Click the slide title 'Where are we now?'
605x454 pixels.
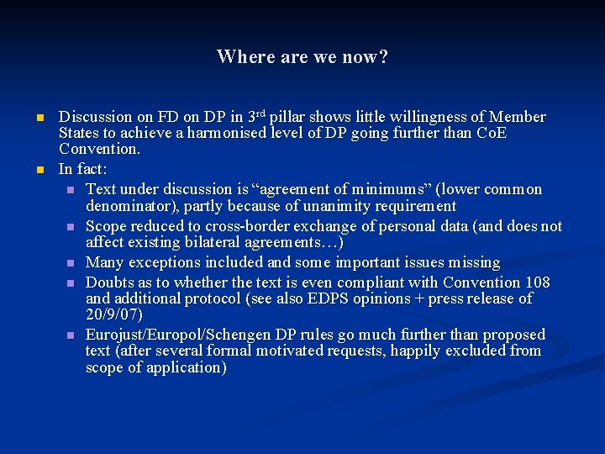pyautogui.click(x=302, y=57)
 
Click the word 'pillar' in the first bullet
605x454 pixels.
pyautogui.click(x=289, y=117)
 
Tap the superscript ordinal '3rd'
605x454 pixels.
pyautogui.click(x=255, y=115)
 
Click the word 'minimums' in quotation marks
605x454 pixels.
pyautogui.click(x=387, y=189)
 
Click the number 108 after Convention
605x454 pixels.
pyautogui.click(x=534, y=282)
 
